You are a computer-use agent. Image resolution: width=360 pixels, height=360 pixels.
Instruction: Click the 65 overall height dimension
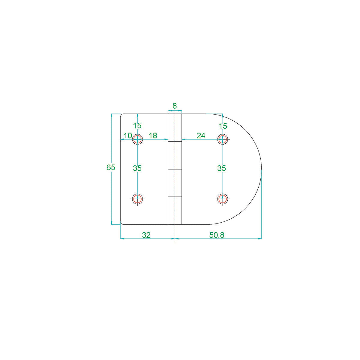111,167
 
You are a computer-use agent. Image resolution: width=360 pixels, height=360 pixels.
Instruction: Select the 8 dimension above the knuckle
175,106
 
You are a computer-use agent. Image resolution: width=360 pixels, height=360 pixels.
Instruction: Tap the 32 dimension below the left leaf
146,235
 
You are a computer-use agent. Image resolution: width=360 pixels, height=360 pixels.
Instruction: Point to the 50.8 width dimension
217,235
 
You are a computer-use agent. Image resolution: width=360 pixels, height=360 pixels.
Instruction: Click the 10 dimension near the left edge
128,136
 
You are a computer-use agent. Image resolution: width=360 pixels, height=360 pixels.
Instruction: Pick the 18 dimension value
153,136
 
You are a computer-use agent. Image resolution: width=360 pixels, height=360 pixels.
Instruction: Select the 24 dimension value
201,136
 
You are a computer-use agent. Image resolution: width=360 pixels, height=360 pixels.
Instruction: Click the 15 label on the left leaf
137,126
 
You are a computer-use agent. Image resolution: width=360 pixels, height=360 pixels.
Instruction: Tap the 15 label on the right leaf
223,126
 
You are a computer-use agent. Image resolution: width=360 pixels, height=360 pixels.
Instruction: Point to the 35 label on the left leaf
137,168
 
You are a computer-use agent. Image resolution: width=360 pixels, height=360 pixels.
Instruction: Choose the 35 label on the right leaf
221,168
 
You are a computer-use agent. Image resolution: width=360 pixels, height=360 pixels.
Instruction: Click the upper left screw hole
137,139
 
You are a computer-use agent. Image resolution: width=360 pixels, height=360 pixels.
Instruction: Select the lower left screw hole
137,198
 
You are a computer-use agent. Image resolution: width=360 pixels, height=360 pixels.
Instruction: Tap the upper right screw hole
223,139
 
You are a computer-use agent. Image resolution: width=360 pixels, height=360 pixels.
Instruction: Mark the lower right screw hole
223,198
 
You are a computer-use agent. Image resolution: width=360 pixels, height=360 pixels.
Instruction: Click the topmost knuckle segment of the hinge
175,127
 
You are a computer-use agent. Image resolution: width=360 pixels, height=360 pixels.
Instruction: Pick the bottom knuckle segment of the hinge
175,211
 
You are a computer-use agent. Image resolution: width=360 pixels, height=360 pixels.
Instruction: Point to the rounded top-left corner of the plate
121,115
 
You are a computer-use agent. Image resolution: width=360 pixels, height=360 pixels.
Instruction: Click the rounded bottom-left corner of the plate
121,223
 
